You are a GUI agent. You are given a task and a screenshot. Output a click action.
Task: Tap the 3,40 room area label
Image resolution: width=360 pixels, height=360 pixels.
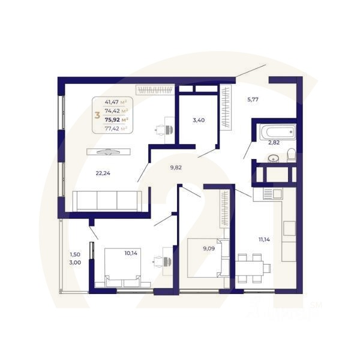pos(199,121)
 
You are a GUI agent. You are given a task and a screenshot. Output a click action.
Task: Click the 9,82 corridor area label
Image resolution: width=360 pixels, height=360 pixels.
pos(176,168)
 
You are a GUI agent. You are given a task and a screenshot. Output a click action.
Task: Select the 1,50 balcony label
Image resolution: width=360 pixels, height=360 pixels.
pos(74,254)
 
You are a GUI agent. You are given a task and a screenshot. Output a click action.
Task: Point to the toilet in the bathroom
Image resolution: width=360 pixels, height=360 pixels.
pos(291,155)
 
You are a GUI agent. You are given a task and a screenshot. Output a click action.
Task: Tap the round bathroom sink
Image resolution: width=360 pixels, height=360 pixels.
pos(274,158)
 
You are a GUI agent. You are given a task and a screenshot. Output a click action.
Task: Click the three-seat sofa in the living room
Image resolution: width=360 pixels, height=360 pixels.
pos(107,200)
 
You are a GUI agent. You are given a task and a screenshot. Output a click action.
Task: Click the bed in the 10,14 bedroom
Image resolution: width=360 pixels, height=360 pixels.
pos(124,267)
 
